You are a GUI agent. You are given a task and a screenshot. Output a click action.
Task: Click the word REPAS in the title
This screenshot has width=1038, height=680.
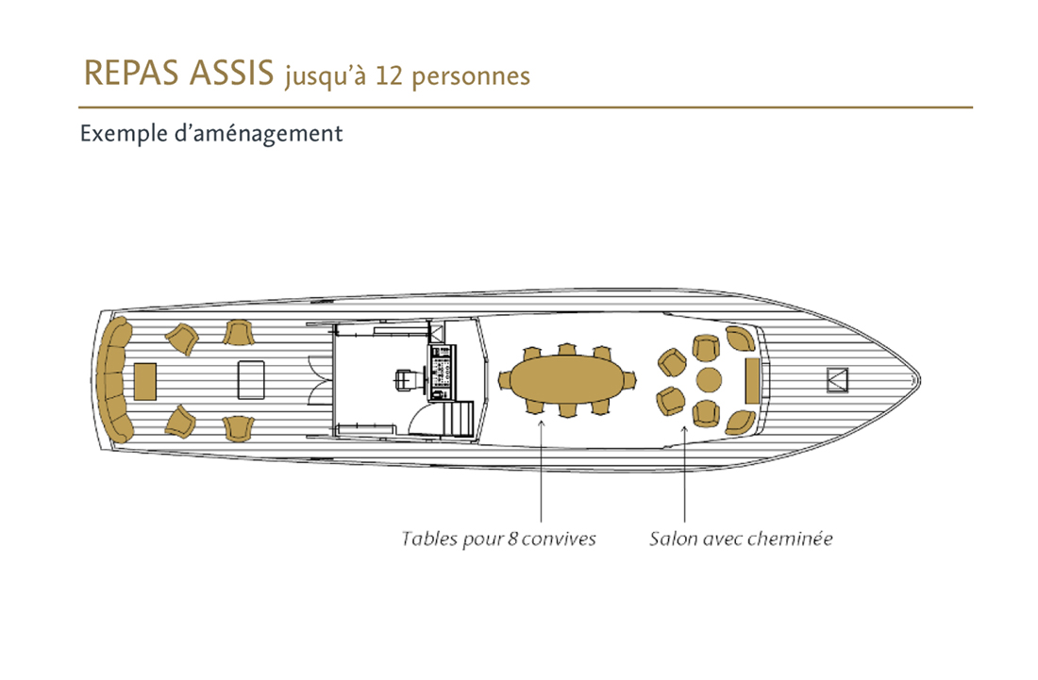tap(131, 73)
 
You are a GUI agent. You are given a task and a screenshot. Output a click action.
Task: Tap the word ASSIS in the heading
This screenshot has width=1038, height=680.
tap(231, 73)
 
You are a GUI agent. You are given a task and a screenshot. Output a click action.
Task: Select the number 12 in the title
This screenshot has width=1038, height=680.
tap(389, 75)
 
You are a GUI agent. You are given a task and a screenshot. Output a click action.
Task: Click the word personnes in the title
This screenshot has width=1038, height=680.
tap(471, 77)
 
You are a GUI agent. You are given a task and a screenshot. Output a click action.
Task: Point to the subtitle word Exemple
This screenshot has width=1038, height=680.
tap(124, 134)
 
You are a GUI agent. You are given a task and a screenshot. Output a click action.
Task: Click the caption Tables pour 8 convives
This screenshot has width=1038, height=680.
tap(498, 539)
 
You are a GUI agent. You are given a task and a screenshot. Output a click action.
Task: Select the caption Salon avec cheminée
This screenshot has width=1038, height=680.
tap(741, 539)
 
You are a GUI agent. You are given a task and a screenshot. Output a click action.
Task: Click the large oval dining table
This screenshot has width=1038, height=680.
tap(567, 380)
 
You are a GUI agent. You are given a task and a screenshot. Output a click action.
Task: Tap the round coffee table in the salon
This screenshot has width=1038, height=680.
tap(709, 380)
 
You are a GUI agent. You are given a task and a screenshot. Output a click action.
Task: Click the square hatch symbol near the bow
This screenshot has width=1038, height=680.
tap(837, 380)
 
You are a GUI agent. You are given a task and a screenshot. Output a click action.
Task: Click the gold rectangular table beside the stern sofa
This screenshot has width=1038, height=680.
tap(145, 381)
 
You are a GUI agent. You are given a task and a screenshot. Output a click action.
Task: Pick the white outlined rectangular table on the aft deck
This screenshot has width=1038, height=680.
tap(251, 380)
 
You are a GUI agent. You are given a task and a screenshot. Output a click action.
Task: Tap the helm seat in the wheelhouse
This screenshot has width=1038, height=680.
tap(406, 380)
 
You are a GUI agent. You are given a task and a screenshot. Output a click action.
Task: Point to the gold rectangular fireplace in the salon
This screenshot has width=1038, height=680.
tap(752, 380)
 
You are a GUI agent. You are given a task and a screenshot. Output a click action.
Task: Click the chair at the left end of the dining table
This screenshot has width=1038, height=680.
tap(505, 380)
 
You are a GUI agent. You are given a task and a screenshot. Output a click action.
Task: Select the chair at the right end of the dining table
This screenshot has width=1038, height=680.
tap(628, 380)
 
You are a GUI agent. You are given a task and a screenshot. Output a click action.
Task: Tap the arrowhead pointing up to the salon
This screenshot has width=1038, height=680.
tap(684, 430)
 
